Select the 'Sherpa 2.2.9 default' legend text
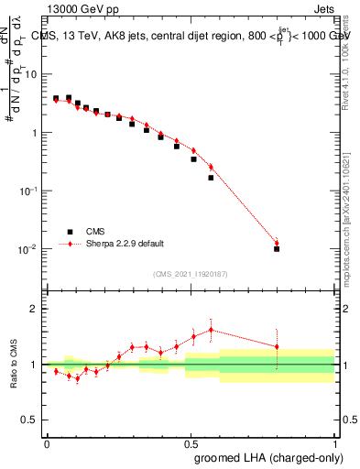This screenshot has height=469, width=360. (x=125, y=244)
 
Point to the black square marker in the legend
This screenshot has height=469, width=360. (x=68, y=232)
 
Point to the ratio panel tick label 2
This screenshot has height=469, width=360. (x=34, y=309)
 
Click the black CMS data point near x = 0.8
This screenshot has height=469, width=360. (x=277, y=248)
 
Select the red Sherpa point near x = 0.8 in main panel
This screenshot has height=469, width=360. (x=277, y=243)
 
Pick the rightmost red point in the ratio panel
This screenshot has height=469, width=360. (x=277, y=346)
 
